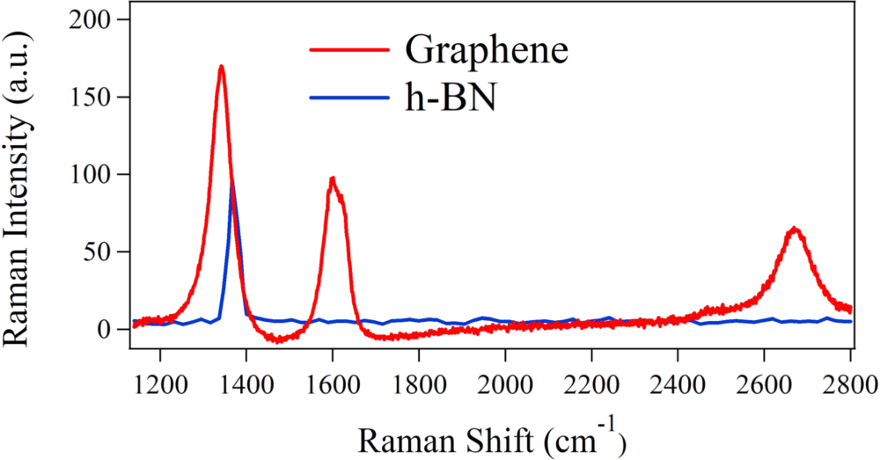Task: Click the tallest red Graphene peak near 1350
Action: pyautogui.click(x=221, y=68)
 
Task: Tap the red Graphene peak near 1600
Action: pyautogui.click(x=333, y=179)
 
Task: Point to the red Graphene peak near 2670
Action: pyautogui.click(x=794, y=229)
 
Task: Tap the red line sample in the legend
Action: pyautogui.click(x=348, y=50)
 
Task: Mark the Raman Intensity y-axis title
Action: pyautogui.click(x=23, y=184)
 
